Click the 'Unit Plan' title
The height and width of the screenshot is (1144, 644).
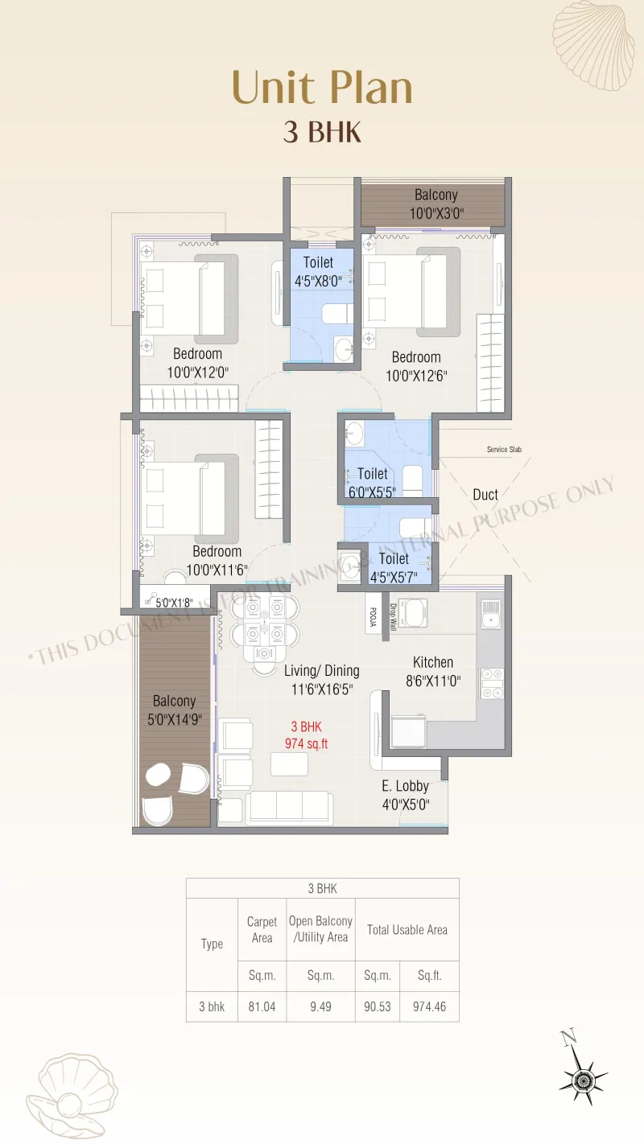point(322,88)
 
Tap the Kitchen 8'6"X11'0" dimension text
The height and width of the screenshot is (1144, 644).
point(433,681)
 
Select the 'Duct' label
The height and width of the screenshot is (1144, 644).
point(485,495)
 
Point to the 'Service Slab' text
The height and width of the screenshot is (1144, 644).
point(504,450)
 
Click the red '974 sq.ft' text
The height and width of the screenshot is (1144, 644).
point(306,743)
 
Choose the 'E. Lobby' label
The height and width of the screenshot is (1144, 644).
point(405,786)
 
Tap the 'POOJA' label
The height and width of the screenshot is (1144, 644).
point(373,617)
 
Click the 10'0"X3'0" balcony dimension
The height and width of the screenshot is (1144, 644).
point(436,213)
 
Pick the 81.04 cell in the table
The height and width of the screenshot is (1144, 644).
point(262,1006)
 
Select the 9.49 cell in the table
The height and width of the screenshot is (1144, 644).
point(320,1006)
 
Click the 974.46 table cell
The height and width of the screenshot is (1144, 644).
point(429,1006)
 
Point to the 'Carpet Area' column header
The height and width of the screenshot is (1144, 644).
point(262,929)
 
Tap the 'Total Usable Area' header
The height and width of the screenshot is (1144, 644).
point(407,929)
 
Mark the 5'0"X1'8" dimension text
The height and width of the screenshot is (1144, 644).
point(174,603)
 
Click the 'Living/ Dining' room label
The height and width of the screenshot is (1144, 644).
point(322,671)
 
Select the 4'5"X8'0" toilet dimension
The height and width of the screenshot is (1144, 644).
point(318,281)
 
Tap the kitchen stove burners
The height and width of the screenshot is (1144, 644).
point(492,683)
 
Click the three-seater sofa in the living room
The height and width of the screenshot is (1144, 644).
point(289,808)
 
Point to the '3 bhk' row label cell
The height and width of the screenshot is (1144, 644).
point(212,1006)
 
